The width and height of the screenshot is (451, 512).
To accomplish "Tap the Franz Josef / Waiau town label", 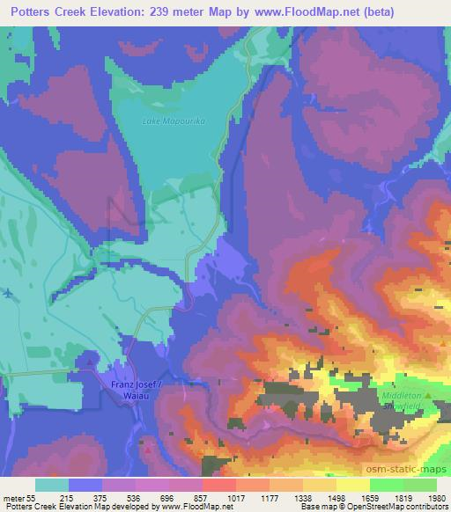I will tap(138, 389).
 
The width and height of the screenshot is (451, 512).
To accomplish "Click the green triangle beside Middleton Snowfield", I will tap(429, 395).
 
